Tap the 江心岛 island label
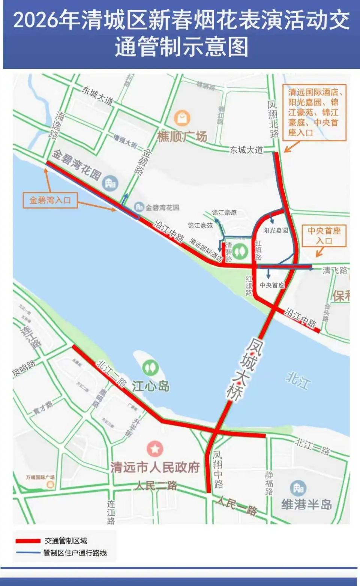150,386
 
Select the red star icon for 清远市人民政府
154,449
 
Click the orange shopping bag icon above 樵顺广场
182,118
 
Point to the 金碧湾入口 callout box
50,200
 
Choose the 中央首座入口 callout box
324,236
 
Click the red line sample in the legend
28,541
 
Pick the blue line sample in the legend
28,553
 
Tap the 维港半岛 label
307,504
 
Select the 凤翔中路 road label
218,469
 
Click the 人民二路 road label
156,485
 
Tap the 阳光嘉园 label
276,230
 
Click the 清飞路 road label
334,270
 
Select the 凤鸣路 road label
24,368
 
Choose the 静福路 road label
269,483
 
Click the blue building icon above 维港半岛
298,488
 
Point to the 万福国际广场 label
40,477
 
